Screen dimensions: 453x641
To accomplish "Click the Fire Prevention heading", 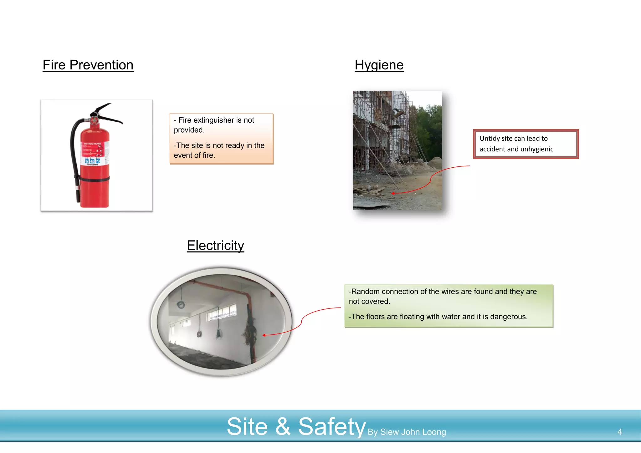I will tap(88, 65).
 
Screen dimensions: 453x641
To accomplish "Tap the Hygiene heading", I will tap(379, 65).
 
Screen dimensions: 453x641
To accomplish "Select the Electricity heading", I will tap(215, 246).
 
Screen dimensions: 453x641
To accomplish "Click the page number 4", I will tap(619, 432).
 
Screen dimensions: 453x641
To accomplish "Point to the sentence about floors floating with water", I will tap(438, 317).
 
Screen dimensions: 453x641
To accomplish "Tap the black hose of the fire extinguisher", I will tap(74, 156).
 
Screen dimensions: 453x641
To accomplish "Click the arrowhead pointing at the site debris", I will tap(393, 193).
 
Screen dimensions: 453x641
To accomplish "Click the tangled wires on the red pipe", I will tap(250, 332).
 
